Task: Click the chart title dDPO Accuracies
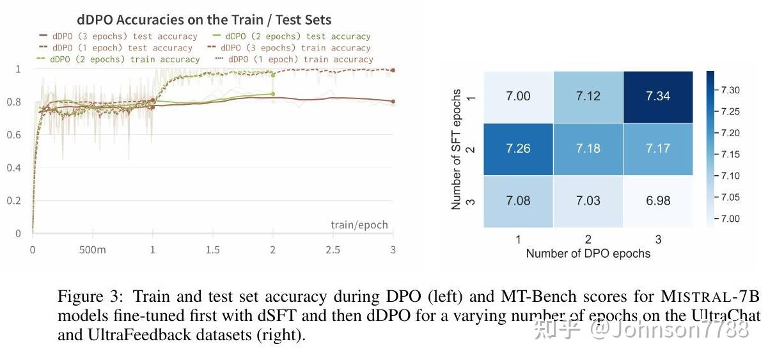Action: coord(204,20)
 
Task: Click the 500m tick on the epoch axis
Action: coord(92,249)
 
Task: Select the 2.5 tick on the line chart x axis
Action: coord(333,249)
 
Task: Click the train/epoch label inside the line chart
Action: coord(359,224)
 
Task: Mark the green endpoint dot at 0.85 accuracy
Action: coord(273,94)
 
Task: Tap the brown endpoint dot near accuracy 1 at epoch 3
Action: coord(393,70)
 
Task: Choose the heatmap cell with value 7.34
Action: coord(658,97)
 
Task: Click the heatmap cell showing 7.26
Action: coord(518,148)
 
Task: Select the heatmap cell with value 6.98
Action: coord(658,201)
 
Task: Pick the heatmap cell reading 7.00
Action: coord(518,97)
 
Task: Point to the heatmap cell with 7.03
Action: coord(588,201)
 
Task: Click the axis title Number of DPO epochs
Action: coord(588,254)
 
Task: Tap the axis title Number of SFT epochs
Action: coord(457,149)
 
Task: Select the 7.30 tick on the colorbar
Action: coord(730,90)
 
